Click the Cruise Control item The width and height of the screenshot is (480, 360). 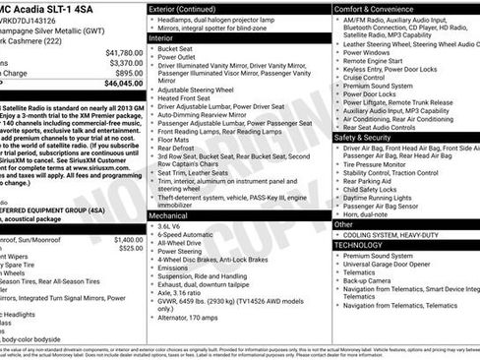click(x=367, y=76)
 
